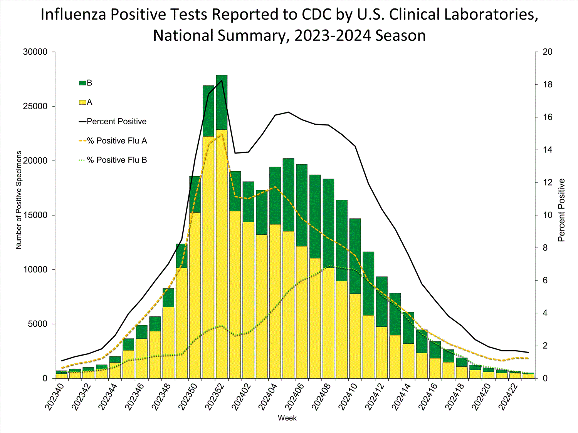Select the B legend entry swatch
click(x=82, y=83)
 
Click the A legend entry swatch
click(x=82, y=102)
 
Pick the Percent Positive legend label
click(x=116, y=122)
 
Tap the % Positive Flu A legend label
click(x=117, y=141)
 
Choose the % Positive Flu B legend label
click(x=117, y=160)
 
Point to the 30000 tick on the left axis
click(x=35, y=52)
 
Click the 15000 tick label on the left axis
click(x=35, y=215)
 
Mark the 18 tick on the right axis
click(x=547, y=85)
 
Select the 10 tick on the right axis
click(x=547, y=215)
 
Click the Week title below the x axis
click(x=287, y=418)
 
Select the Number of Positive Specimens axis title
click(x=19, y=200)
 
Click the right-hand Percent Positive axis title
click(x=561, y=210)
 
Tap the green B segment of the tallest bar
click(x=222, y=102)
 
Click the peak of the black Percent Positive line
click(x=222, y=80)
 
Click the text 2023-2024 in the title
click(x=333, y=35)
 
